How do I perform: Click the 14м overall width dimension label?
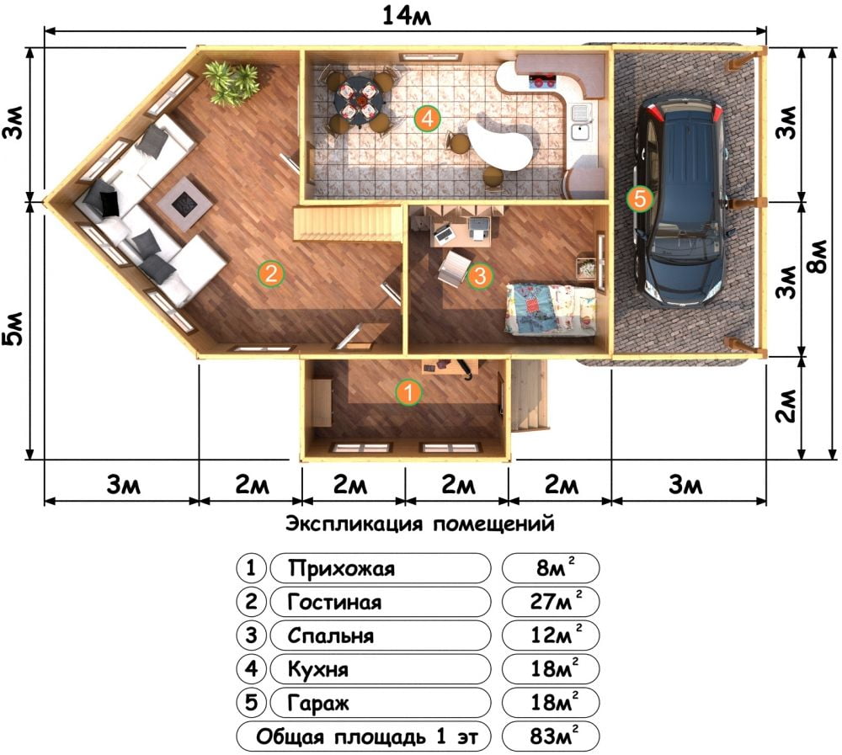pyautogui.click(x=406, y=16)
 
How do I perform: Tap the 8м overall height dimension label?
pyautogui.click(x=819, y=258)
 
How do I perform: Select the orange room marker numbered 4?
pyautogui.click(x=428, y=118)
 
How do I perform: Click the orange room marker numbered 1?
pyautogui.click(x=408, y=392)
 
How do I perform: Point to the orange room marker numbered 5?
pyautogui.click(x=640, y=199)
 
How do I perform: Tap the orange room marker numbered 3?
pyautogui.click(x=480, y=275)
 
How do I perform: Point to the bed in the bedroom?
pyautogui.click(x=550, y=309)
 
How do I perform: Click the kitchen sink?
pyautogui.click(x=580, y=122)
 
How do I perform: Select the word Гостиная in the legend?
pyautogui.click(x=334, y=602)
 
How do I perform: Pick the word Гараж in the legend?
pyautogui.click(x=318, y=703)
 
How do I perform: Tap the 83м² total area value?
pyautogui.click(x=554, y=736)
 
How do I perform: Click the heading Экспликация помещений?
pyautogui.click(x=419, y=524)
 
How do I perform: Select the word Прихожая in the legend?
pyautogui.click(x=341, y=568)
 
